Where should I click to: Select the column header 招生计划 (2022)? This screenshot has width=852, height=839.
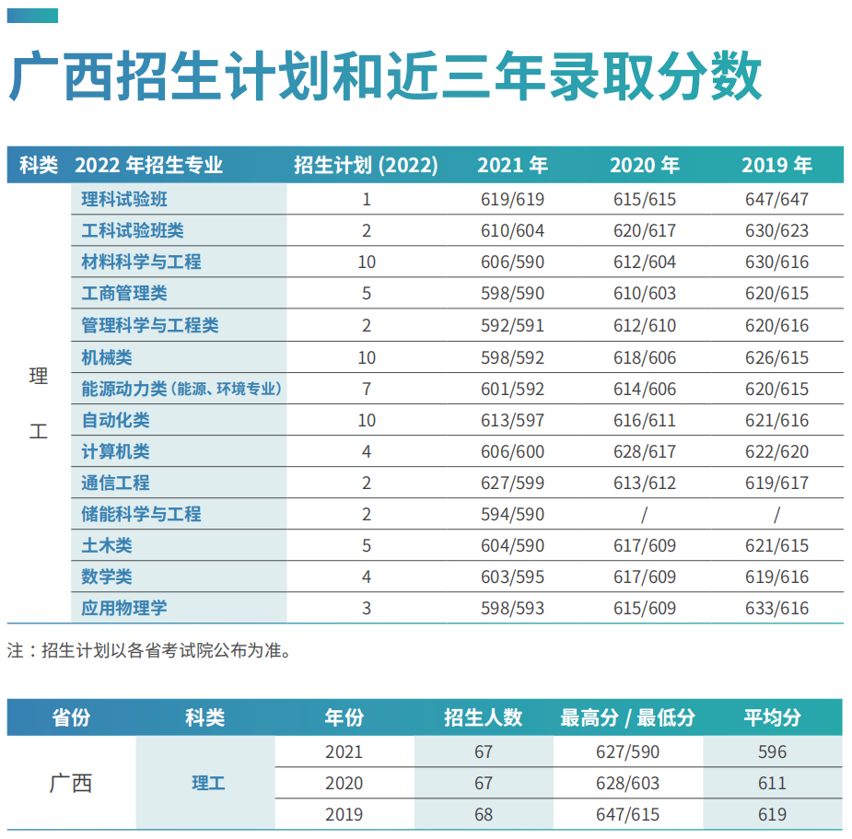pos(366,165)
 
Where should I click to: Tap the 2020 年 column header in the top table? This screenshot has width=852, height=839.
pos(645,165)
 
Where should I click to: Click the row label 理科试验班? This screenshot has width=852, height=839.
pos(124,199)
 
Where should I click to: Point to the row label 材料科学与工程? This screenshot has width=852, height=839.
pos(141,262)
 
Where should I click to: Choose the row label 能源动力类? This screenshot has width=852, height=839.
pos(115,389)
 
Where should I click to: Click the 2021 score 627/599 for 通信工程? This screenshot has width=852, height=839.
pos(512,484)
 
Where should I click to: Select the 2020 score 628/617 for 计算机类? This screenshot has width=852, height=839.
pos(645,452)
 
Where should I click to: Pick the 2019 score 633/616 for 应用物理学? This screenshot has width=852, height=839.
pos(776,609)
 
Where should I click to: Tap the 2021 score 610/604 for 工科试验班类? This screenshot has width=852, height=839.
pos(512,231)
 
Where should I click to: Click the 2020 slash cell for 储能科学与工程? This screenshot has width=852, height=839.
pos(645,515)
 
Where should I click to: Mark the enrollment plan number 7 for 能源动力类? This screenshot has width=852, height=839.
pos(367,389)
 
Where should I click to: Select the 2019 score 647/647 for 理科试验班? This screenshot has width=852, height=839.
pos(776,199)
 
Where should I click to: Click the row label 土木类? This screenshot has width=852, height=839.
pos(107,546)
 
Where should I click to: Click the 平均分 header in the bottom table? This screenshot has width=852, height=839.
pos(772,718)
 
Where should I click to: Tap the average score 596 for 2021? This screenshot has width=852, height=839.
pos(772,752)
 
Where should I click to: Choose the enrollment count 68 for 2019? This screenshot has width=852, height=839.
pos(484,815)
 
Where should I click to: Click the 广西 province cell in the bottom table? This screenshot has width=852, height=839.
pos(71,784)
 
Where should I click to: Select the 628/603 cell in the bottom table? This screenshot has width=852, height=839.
pos(627,784)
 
